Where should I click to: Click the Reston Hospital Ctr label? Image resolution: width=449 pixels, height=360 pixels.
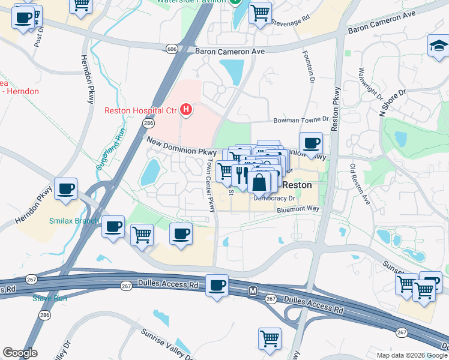tap(140, 110)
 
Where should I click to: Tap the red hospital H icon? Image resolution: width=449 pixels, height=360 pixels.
tap(187, 110)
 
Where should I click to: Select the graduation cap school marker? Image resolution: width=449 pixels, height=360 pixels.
tap(438, 46)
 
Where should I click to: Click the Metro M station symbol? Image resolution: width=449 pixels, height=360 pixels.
tap(253, 291)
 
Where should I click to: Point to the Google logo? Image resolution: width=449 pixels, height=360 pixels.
tap(20, 353)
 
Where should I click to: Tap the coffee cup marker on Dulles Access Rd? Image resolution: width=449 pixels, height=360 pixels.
tap(217, 285)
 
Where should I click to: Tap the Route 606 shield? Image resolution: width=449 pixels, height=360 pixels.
tap(172, 49)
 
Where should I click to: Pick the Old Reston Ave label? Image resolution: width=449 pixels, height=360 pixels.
tap(361, 184)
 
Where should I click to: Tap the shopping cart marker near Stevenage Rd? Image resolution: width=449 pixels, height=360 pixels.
tap(260, 12)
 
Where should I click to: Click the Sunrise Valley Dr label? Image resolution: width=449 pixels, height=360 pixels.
tap(165, 341)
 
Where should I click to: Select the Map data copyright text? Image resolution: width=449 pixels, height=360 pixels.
tap(411, 355)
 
